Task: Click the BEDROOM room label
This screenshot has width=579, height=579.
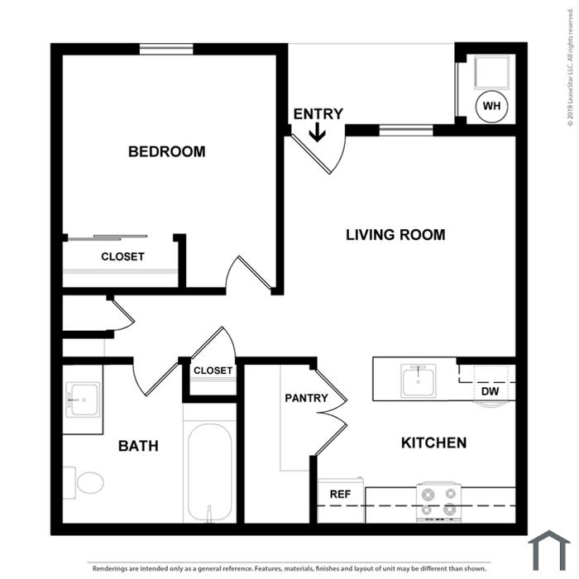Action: (x=166, y=151)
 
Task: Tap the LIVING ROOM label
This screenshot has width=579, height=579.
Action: (x=395, y=235)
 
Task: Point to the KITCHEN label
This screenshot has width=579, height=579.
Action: (x=434, y=443)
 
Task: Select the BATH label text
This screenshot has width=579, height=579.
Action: (x=138, y=446)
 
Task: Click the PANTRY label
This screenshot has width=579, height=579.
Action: (x=307, y=398)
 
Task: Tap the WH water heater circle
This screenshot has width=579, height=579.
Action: (x=492, y=107)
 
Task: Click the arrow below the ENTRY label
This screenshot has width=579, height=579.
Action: (x=317, y=132)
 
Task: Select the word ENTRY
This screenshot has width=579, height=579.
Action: (x=318, y=114)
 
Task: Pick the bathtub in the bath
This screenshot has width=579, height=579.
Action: (x=209, y=472)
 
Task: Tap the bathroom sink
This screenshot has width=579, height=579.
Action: (x=83, y=400)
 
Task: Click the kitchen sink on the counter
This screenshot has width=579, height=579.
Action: (x=419, y=380)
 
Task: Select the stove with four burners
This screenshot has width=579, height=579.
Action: (x=439, y=502)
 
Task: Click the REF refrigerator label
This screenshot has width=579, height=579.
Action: (x=341, y=494)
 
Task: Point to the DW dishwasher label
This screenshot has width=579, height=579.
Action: (x=490, y=391)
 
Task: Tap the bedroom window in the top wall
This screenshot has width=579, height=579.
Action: (x=166, y=49)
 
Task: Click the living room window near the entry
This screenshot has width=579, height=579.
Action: (x=406, y=131)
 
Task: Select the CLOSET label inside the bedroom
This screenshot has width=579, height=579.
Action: (x=122, y=256)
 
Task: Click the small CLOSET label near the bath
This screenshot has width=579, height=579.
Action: (x=213, y=371)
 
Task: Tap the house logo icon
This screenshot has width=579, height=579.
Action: (x=549, y=549)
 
